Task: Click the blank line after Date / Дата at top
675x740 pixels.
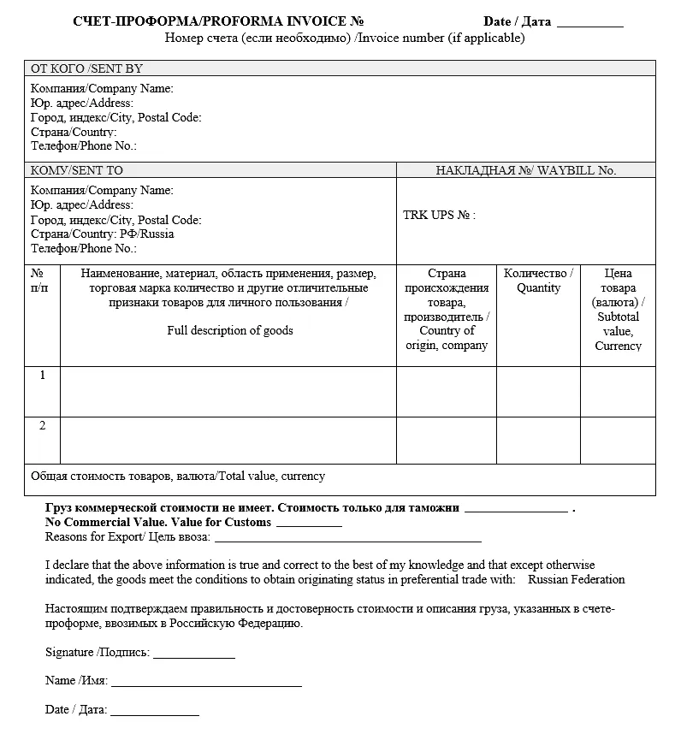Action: tap(589, 24)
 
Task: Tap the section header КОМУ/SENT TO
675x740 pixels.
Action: tap(77, 170)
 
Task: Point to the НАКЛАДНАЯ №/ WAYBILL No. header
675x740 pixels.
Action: tap(525, 170)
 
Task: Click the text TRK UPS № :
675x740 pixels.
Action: tap(439, 216)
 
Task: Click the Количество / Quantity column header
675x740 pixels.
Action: tap(538, 281)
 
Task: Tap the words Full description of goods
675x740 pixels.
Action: tap(229, 330)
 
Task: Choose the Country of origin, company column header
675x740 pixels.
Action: tap(446, 310)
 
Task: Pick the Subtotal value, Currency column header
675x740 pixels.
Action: tap(618, 310)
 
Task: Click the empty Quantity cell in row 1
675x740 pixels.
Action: tap(538, 391)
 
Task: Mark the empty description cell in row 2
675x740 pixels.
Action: tap(228, 440)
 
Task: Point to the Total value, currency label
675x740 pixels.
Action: tap(178, 477)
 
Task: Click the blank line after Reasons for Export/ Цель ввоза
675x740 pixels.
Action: tap(347, 540)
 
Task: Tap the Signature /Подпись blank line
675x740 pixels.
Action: tap(193, 656)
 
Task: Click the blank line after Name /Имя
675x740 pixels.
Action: tap(206, 684)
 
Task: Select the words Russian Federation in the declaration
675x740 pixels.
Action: tap(576, 580)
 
